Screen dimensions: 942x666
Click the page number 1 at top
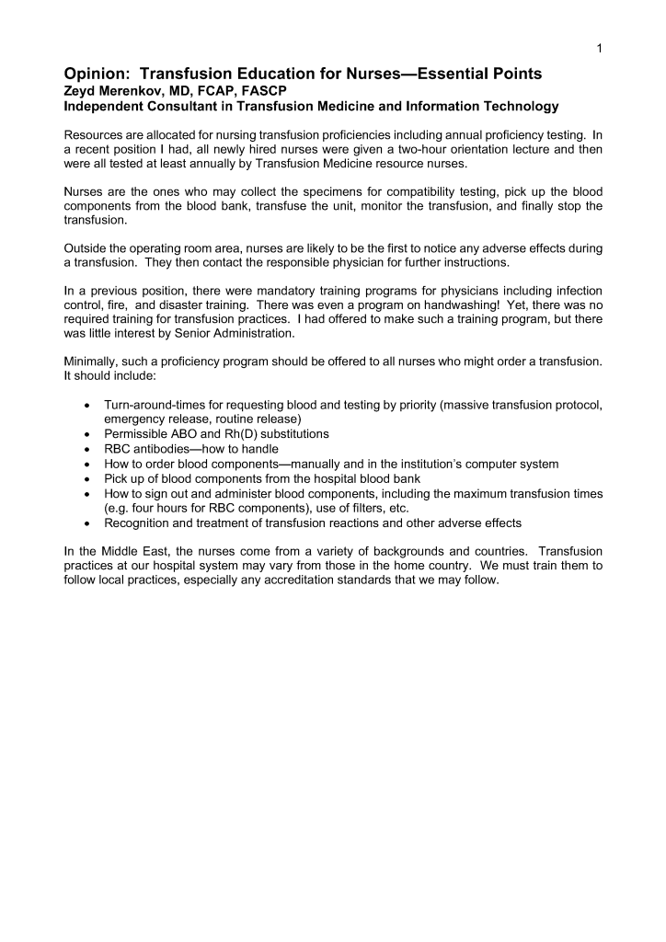pyautogui.click(x=599, y=48)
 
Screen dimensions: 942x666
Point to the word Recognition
pyautogui.click(x=143, y=523)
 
